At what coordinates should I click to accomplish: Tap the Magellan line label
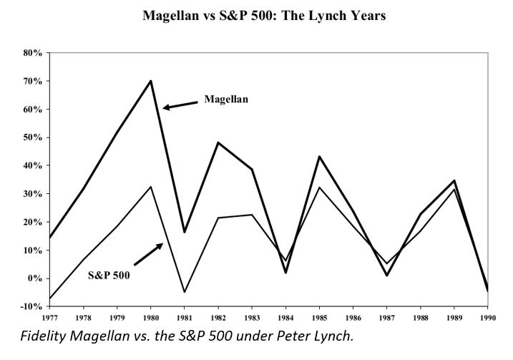click(x=226, y=99)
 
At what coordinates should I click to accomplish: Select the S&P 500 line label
click(x=113, y=274)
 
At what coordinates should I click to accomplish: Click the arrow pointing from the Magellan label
click(x=180, y=105)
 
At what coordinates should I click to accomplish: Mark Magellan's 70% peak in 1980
click(x=151, y=80)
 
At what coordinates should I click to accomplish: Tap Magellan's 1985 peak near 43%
click(x=319, y=156)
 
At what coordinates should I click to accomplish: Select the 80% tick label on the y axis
click(x=32, y=53)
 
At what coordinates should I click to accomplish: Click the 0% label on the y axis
click(x=35, y=278)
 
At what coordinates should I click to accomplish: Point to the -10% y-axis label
click(x=31, y=306)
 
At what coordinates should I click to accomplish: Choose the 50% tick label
click(x=32, y=137)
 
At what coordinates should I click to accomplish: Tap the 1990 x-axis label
click(x=488, y=318)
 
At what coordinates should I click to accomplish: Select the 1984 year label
click(x=285, y=318)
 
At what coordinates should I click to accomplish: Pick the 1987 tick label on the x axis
click(x=386, y=318)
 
